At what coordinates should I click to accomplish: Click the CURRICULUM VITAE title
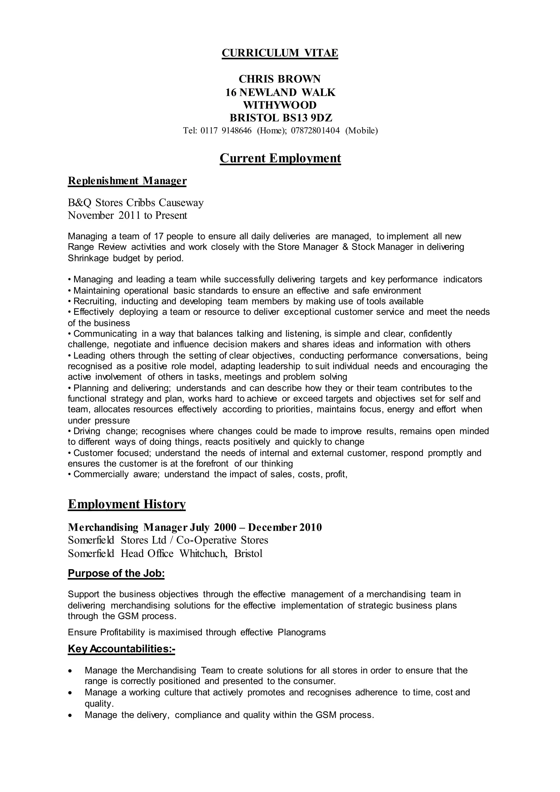[280, 53]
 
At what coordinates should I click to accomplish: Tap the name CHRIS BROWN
[280, 79]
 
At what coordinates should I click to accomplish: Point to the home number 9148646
[236, 131]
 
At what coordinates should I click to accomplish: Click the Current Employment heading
[280, 158]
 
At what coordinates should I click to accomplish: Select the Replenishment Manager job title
[127, 181]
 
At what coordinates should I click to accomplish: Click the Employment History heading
[127, 504]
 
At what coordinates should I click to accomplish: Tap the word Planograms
[302, 632]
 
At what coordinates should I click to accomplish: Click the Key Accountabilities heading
[121, 649]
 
